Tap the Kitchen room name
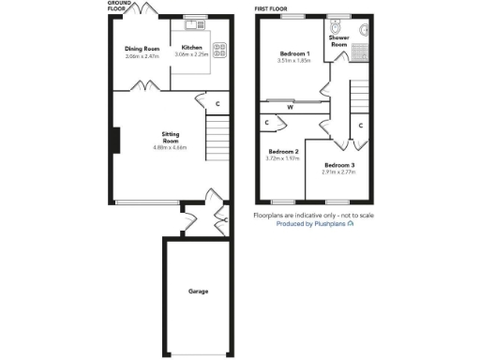191,48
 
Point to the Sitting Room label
171,138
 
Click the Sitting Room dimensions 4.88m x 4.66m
170,148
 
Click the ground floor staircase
217,138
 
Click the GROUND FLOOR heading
119,7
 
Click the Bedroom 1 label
293,53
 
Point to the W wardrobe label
291,107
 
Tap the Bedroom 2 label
283,152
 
